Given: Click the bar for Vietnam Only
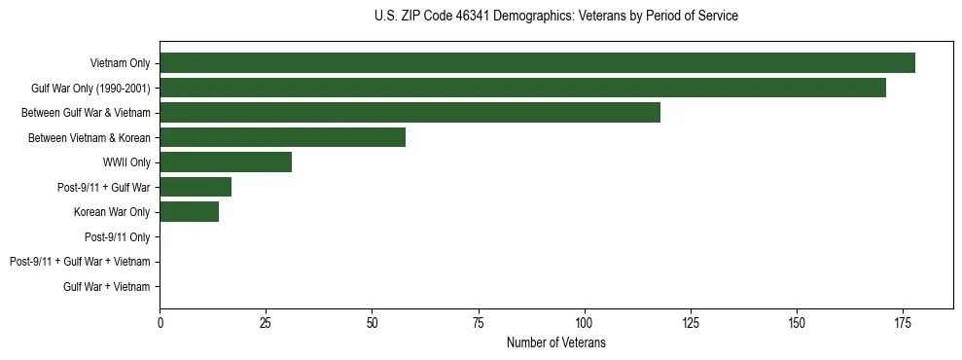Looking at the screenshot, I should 537,63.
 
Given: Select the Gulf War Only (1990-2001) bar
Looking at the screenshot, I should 522,88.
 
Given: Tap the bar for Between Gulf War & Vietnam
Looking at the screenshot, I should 410,113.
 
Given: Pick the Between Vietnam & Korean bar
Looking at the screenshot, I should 282,137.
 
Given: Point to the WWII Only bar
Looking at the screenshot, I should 226,162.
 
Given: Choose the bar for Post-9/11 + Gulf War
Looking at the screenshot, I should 196,187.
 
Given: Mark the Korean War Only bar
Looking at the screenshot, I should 189,212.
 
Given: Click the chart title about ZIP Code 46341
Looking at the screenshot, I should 555,17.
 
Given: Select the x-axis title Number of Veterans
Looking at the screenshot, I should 555,342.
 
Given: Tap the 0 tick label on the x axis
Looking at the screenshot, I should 160,323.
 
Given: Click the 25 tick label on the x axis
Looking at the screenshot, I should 266,323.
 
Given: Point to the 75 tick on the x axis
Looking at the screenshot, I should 478,323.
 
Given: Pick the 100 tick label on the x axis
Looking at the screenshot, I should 584,323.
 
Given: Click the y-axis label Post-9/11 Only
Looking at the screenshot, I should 117,236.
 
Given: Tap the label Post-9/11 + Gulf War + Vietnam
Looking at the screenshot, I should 80,262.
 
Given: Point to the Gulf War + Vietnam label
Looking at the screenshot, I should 107,286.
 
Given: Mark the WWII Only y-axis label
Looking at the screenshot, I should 126,162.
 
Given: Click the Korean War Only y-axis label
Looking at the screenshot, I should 112,212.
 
